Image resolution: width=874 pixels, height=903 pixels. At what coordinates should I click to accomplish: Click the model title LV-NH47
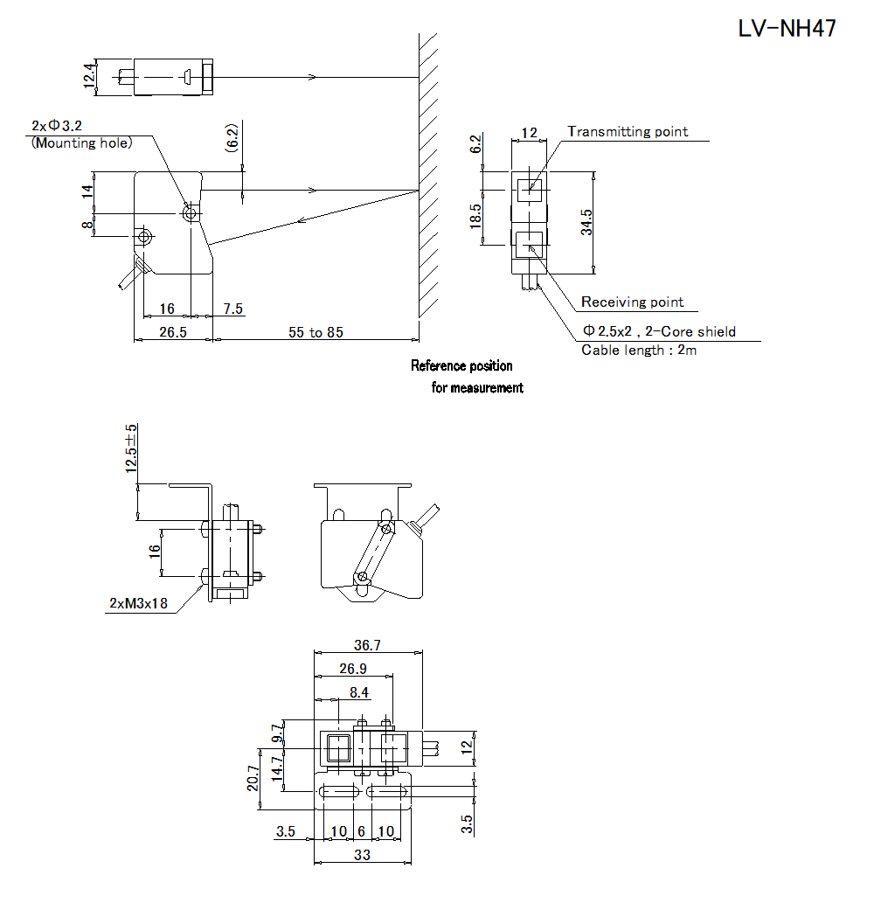787,29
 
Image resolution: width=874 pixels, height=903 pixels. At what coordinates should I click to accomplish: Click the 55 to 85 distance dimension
316,332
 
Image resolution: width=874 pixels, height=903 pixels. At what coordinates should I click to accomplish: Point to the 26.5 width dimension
173,332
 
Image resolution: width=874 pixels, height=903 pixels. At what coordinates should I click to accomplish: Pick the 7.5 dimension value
233,309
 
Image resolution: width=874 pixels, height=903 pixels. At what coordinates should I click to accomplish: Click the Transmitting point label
628,132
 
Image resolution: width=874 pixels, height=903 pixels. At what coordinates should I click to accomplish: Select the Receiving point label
633,302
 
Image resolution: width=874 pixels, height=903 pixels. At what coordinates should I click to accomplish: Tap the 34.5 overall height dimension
587,221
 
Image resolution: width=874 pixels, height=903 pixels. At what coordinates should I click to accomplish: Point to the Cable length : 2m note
639,350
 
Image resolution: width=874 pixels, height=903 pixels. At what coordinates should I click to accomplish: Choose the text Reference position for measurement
467,377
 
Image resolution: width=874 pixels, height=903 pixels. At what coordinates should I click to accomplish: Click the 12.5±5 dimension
131,448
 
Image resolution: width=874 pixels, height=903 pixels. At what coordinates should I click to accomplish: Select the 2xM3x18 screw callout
140,603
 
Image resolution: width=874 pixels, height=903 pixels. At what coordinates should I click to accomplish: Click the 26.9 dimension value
352,669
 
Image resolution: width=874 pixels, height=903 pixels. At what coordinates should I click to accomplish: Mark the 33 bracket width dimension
361,855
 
